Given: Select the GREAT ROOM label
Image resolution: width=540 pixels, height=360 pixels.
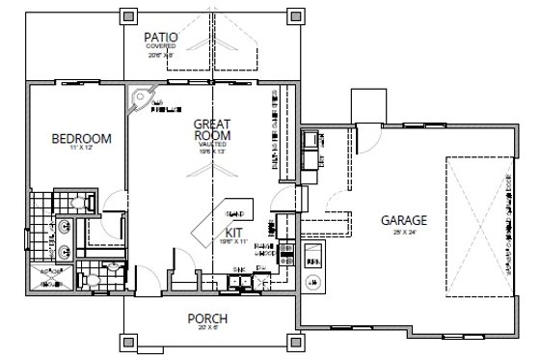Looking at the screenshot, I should [209, 130].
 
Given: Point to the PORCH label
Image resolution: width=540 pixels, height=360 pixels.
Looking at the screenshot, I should [206, 320].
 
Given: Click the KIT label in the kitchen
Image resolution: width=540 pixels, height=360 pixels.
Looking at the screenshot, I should [233, 233].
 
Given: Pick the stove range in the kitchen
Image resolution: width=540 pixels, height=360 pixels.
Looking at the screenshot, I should [286, 255].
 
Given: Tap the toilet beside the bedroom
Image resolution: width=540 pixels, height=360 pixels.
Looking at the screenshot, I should [84, 202].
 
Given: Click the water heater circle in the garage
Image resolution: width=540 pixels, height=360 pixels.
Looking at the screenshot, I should [313, 282].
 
